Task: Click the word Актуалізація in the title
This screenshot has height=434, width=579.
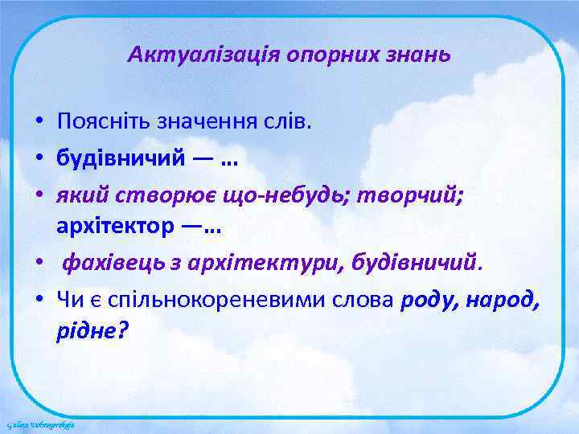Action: (x=179, y=56)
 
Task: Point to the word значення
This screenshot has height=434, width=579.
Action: (x=198, y=123)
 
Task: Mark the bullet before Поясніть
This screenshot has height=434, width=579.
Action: (x=39, y=124)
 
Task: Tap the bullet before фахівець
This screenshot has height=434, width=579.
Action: (x=39, y=263)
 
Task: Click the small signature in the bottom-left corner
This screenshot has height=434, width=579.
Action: (x=40, y=423)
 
